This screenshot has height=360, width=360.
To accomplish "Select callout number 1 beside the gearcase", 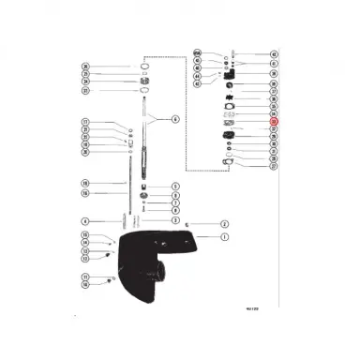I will pyautogui.click(x=225, y=237).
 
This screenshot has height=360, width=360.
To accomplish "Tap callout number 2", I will pyautogui.click(x=225, y=224).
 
